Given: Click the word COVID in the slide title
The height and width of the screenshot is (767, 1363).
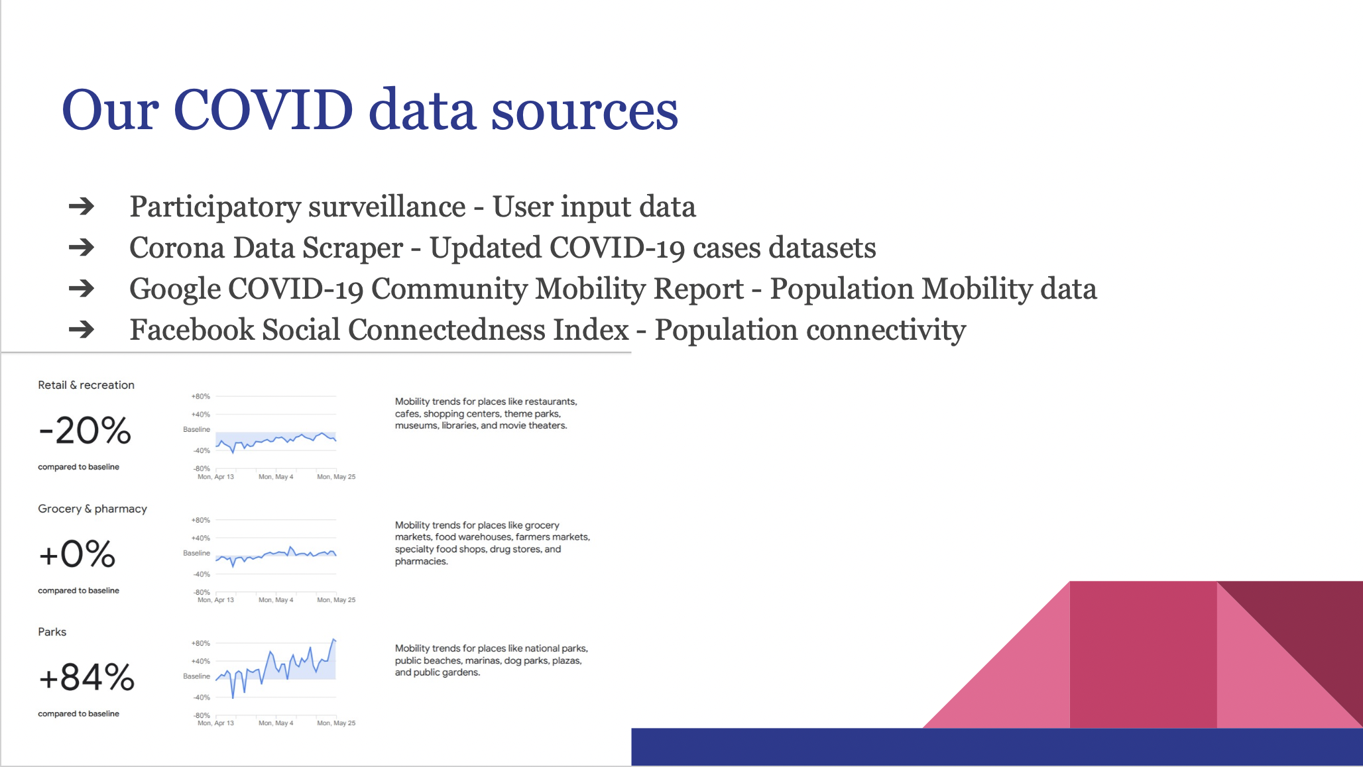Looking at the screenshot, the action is click(263, 110).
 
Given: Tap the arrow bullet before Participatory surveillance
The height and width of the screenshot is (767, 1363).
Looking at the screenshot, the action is click(82, 207).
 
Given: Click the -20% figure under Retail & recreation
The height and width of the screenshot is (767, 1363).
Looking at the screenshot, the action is click(85, 431).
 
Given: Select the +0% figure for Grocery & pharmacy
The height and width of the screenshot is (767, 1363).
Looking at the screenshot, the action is click(77, 554).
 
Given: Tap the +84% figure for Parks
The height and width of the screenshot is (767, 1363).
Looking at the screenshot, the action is click(87, 678).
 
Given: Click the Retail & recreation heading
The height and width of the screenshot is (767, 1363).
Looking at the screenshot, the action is click(86, 385).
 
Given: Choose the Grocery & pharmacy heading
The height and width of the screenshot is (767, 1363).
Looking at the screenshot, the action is click(92, 509).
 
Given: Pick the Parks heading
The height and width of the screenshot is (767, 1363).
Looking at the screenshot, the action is click(52, 632).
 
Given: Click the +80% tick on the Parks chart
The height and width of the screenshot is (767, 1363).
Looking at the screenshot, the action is click(200, 643).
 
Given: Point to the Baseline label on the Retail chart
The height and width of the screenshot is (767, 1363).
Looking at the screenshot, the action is click(196, 429).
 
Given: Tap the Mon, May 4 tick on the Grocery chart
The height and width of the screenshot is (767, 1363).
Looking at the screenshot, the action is click(276, 600).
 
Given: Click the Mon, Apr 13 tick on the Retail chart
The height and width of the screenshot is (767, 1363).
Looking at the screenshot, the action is click(215, 477).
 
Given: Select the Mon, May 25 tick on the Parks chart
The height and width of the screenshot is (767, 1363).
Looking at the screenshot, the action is click(336, 723).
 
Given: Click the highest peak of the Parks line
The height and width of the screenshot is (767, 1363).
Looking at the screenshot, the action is click(333, 639).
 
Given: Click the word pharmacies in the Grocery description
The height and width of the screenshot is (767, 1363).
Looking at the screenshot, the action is click(421, 562).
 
